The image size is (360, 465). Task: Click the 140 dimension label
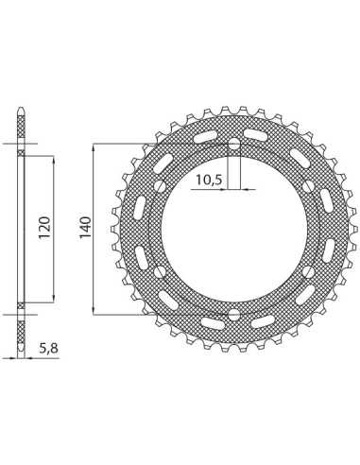[85, 227]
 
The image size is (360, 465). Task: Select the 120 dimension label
[44, 227]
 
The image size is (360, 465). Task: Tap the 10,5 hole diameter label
[209, 181]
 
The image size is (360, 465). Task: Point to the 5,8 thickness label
[49, 349]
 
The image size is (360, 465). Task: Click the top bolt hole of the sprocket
[233, 145]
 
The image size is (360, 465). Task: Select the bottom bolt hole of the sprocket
[233, 314]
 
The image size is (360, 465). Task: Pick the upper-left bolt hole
[161, 187]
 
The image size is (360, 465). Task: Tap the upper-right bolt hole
[307, 187]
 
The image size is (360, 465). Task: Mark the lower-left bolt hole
[161, 271]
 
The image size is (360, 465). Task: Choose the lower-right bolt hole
[307, 271]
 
